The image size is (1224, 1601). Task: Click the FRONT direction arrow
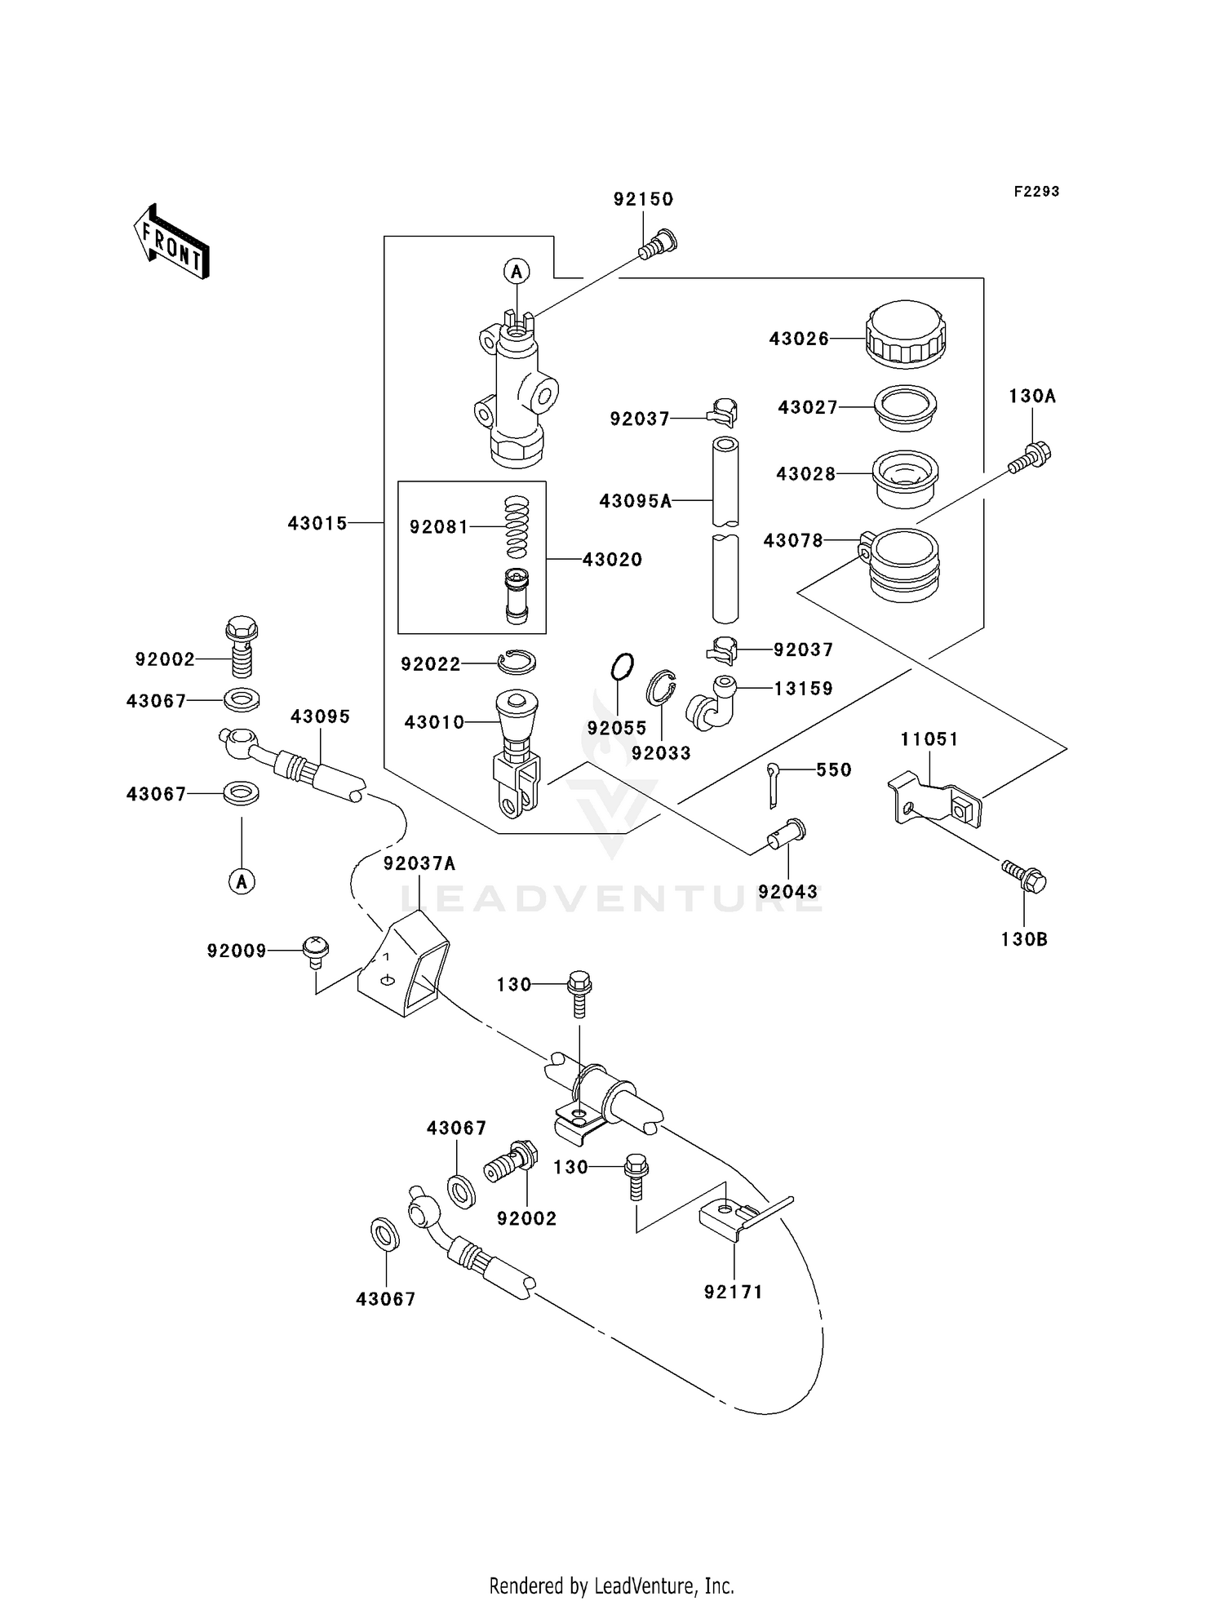click(172, 242)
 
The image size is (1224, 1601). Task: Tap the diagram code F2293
click(1036, 191)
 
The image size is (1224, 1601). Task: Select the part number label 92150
click(643, 199)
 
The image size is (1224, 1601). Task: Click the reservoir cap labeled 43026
click(906, 334)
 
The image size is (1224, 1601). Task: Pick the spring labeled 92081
click(517, 527)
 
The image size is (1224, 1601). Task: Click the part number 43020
click(612, 559)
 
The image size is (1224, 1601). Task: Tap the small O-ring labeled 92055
click(621, 666)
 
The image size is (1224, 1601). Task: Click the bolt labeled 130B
click(1024, 876)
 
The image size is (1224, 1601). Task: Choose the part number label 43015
click(317, 523)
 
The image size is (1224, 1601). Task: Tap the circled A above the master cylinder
click(516, 271)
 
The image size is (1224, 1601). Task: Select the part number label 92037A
click(419, 863)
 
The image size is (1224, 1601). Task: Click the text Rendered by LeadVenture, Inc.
click(611, 1585)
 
